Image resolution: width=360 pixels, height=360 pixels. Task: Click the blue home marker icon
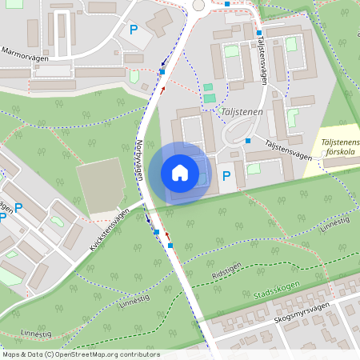(180, 173)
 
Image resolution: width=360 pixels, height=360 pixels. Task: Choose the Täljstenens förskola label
(339, 149)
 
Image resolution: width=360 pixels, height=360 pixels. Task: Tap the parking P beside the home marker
(226, 175)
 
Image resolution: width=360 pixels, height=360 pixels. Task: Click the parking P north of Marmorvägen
(133, 30)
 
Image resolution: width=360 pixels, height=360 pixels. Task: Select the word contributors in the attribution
(139, 354)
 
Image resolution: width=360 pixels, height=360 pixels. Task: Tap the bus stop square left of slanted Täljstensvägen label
(248, 141)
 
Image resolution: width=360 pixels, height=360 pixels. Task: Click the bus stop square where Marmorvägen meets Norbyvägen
(162, 72)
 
